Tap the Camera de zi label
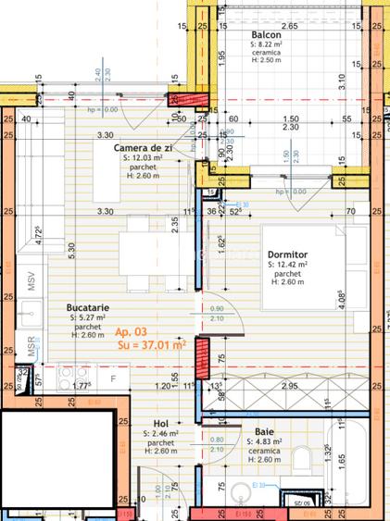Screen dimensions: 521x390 (x=144, y=148)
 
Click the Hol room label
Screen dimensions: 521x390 (x=160, y=423)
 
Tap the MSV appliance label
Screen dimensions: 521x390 (x=31, y=280)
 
